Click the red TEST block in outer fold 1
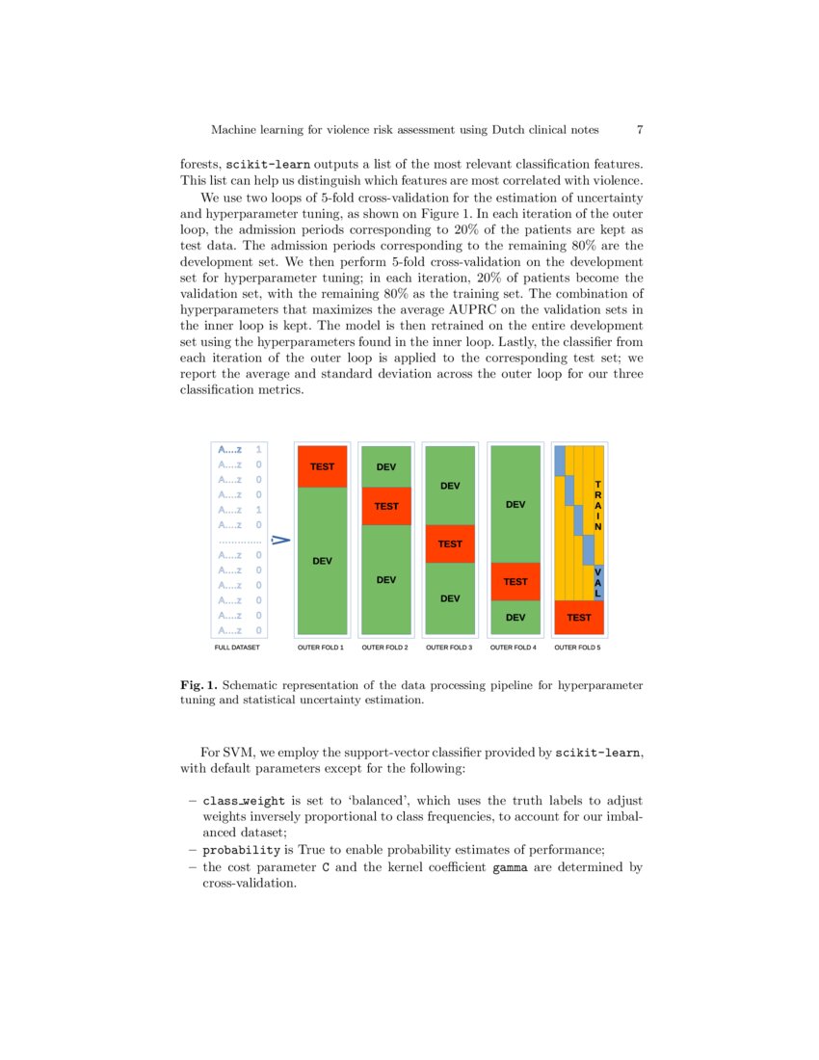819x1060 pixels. (x=322, y=466)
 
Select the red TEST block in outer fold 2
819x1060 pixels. (x=386, y=506)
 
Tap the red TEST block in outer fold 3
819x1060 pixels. (x=450, y=544)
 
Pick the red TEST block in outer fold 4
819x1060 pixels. (x=515, y=581)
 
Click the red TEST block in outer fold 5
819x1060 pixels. (x=579, y=617)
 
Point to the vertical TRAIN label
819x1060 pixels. (x=598, y=506)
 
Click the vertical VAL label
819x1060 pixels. (x=598, y=581)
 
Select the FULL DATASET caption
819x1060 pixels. (x=237, y=648)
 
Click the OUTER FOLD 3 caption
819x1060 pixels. (x=449, y=648)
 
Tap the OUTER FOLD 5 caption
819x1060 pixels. (x=578, y=648)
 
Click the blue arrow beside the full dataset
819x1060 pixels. (x=280, y=541)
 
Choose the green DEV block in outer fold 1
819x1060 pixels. (x=322, y=560)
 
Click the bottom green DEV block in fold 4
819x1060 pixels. (x=515, y=617)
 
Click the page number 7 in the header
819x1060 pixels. (x=640, y=129)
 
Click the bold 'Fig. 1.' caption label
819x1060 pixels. (x=198, y=685)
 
